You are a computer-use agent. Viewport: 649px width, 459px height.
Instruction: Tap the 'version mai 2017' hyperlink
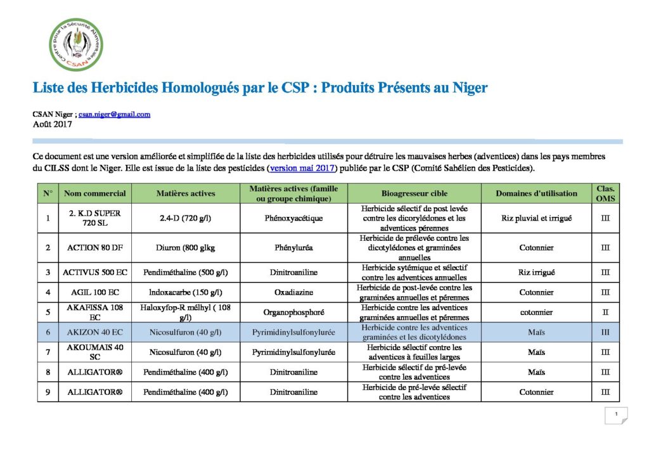point(302,169)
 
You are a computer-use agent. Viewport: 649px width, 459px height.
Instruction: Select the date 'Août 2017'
point(53,124)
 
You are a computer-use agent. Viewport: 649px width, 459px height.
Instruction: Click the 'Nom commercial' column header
point(95,193)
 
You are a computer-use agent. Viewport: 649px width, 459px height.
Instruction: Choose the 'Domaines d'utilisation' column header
point(536,193)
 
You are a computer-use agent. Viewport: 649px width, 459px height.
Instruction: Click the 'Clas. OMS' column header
point(605,193)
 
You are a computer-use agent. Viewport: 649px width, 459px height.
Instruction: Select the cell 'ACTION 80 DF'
point(95,248)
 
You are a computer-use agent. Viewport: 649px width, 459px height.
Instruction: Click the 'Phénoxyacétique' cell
point(293,218)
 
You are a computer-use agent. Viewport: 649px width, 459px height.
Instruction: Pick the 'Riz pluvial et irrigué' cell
point(536,218)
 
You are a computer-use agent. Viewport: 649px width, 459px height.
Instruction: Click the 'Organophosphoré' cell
point(293,313)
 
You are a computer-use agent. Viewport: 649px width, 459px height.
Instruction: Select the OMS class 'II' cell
point(605,313)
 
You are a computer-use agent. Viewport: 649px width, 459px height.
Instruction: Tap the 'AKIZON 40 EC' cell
point(95,332)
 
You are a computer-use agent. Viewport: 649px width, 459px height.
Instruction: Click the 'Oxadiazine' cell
point(293,292)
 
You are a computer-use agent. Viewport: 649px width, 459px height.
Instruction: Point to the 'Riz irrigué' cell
point(536,273)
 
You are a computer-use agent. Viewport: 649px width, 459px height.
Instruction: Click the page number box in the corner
point(615,415)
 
